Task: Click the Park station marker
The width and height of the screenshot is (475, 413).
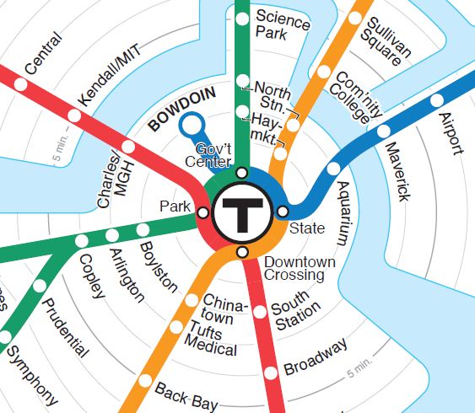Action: [202, 212]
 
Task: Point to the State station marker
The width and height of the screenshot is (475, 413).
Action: [283, 211]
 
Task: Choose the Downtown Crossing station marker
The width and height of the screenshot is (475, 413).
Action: [243, 253]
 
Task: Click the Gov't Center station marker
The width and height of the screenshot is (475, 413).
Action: [242, 173]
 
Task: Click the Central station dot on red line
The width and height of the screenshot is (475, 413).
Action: [19, 85]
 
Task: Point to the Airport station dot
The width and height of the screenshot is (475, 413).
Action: [436, 100]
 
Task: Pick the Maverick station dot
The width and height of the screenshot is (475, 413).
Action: [384, 131]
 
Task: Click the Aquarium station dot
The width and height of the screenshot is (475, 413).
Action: [332, 169]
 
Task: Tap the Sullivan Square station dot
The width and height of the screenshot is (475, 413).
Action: [355, 18]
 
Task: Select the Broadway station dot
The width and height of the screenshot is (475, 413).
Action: [271, 373]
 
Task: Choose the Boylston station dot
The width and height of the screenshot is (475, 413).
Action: [143, 229]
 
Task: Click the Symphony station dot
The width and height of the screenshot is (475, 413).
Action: [5, 337]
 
